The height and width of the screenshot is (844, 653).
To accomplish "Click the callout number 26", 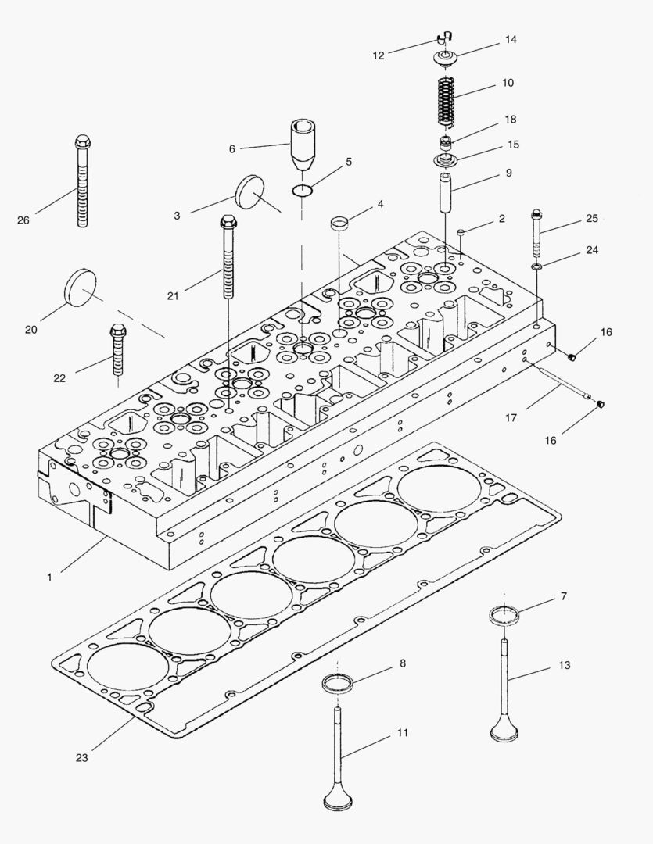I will coord(23,220).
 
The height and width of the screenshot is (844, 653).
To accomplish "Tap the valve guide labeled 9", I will coord(445,195).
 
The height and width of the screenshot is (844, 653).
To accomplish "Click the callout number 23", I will coord(82,756).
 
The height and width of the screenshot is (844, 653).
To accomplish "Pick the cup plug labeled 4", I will coord(338,222).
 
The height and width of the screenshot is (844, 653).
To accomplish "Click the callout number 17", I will coord(511,418).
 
